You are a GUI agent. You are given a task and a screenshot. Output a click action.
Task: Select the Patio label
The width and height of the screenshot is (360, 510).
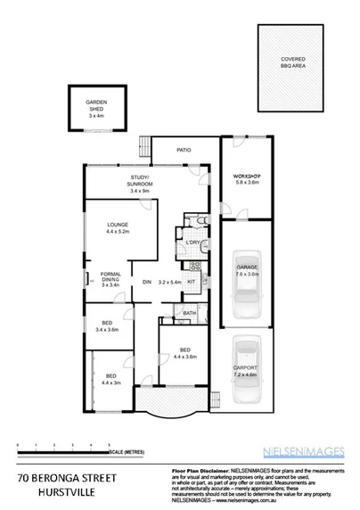184,150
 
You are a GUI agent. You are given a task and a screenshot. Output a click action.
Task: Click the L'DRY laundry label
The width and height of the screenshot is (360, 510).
192,243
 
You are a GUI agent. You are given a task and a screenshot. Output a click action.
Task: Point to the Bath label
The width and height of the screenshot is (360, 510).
190,313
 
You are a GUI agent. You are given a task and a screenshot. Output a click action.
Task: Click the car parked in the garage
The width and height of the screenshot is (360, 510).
246,294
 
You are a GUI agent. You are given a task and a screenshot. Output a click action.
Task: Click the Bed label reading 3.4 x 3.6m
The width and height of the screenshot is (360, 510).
107,326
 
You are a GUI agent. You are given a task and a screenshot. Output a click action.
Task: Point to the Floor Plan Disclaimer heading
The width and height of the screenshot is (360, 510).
192,467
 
